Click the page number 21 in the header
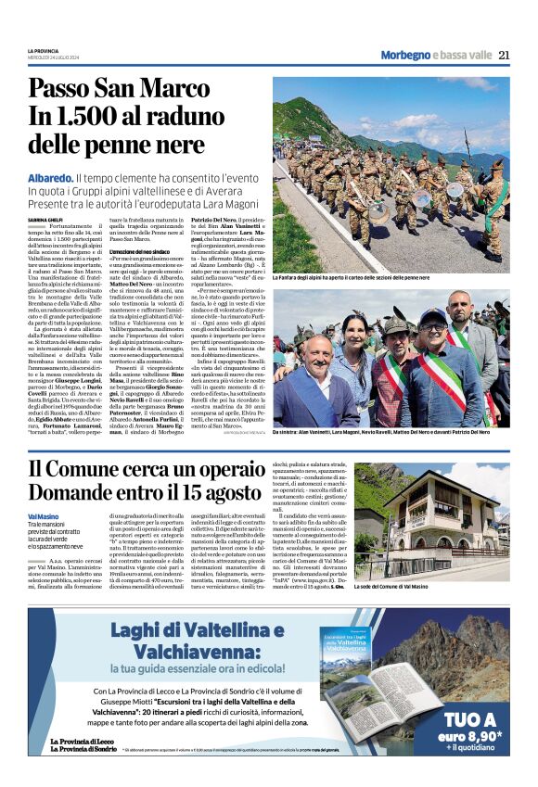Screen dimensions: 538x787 coord(504,55)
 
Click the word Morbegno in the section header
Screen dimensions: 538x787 coord(405,56)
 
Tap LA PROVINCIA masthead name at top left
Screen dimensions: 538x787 coord(43,51)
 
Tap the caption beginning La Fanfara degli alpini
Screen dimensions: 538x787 coord(351,277)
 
